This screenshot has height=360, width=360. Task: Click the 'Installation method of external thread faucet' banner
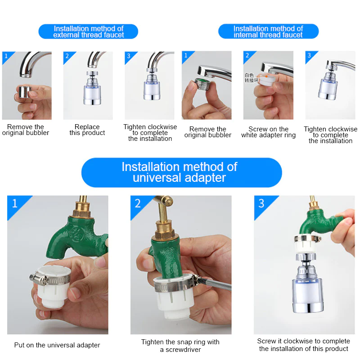tap(88, 31)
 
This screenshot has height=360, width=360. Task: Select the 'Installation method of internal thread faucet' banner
tap(268, 31)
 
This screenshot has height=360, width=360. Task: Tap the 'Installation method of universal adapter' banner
tap(182, 172)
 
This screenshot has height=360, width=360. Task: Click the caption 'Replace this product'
tap(87, 130)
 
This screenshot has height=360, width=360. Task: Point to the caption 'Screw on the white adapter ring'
tap(268, 132)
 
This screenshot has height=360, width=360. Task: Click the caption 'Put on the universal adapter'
tap(57, 345)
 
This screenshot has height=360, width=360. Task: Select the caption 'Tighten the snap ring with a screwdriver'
tap(180, 346)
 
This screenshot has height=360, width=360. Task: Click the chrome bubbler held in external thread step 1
tap(24, 92)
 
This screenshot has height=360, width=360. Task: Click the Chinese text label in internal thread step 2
tap(251, 77)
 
